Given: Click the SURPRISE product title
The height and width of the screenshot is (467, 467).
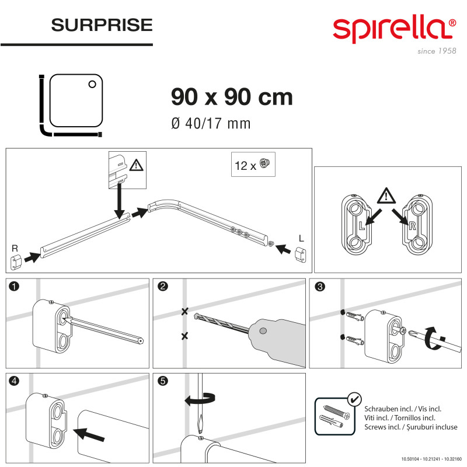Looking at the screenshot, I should [102, 25].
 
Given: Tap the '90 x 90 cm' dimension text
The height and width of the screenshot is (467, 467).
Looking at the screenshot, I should [232, 97].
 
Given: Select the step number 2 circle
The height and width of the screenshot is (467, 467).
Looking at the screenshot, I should [163, 287].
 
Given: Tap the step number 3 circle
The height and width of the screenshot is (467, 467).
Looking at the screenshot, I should [319, 287].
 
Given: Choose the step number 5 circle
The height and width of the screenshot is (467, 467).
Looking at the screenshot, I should [163, 381].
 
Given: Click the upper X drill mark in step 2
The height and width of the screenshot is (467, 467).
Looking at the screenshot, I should [184, 312].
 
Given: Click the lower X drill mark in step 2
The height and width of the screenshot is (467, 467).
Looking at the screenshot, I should [184, 336].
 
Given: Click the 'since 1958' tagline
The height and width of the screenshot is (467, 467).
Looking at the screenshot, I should [436, 51].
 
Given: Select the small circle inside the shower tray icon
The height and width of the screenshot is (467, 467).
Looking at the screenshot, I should [92, 84].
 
